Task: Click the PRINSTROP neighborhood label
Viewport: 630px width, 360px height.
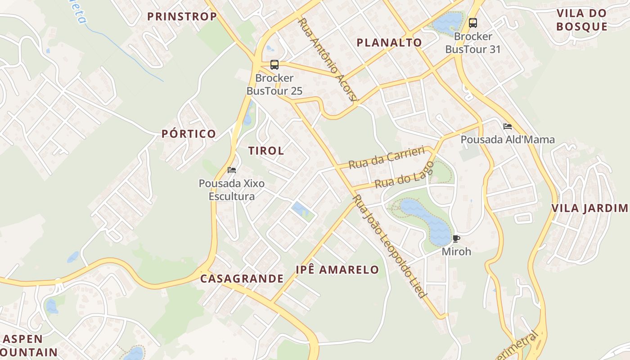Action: coord(182,17)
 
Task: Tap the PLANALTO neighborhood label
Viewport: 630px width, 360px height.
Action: coord(389,43)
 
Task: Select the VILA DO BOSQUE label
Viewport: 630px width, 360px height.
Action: coord(582,20)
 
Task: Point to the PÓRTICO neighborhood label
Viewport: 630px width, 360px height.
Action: coord(189,134)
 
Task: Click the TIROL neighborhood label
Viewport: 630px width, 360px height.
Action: coord(266,151)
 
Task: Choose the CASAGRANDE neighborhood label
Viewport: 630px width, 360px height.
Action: coord(242,279)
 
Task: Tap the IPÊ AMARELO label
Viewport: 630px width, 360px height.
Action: coord(337,270)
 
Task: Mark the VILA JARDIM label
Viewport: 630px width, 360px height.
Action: coord(589,208)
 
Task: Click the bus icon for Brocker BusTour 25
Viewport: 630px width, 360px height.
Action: coord(274,65)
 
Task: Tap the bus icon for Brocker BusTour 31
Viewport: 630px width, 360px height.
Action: coord(472,23)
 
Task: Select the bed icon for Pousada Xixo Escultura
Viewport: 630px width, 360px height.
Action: coord(232,170)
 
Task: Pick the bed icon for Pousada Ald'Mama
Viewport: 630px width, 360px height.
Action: coord(508,126)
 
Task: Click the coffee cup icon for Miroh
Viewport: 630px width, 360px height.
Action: coord(456,238)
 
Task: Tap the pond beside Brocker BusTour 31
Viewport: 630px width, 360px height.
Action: coord(448,22)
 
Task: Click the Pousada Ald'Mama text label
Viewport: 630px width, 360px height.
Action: coord(508,139)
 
